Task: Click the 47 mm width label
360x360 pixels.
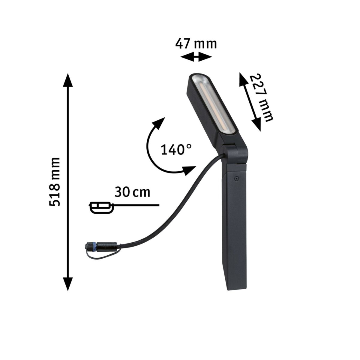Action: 196,44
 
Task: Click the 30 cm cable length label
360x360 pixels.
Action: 132,192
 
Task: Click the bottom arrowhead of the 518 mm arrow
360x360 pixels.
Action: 68,283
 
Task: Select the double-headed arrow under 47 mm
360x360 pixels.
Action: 196,56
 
